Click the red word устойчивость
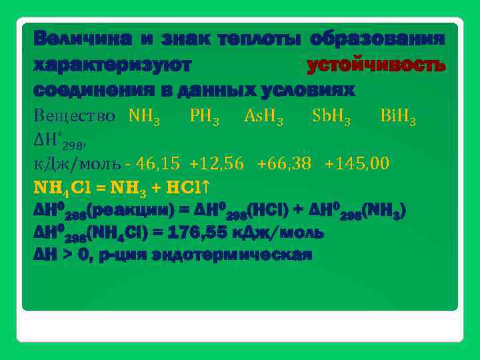(x=375, y=65)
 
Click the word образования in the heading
(x=377, y=39)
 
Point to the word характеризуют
(x=113, y=65)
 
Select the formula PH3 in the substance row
(x=204, y=118)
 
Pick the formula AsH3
(x=264, y=118)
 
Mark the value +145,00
(x=357, y=163)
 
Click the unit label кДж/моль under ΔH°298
(x=77, y=163)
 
